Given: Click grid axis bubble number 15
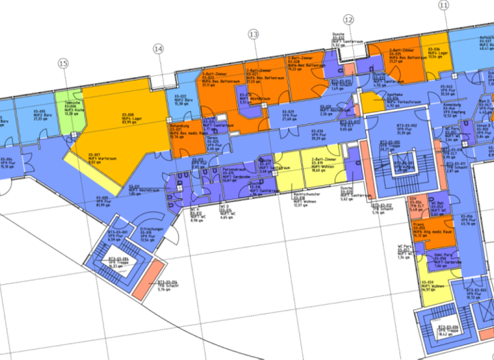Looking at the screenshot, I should coord(62,63).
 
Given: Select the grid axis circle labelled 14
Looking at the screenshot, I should coord(158,49).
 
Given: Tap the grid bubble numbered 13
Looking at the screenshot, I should coord(253,34).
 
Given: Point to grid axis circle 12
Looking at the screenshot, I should coord(349,20).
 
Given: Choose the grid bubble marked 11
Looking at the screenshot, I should coord(444,5).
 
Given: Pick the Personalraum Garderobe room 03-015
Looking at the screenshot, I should coord(228,177).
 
